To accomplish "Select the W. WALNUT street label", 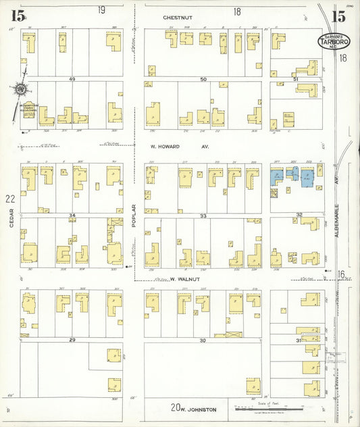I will point(182,278).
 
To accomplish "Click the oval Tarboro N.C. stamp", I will point(333,42).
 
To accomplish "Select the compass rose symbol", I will point(21,89).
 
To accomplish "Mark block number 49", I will point(71,79).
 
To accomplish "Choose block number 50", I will point(203,79).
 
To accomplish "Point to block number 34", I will point(71,216).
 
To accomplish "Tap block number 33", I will point(203,216).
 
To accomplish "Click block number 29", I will point(71,339).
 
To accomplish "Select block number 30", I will point(203,340).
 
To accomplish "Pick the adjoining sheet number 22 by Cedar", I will point(9,199).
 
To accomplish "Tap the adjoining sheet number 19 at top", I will point(101,10).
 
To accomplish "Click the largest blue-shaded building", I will point(305,177).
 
